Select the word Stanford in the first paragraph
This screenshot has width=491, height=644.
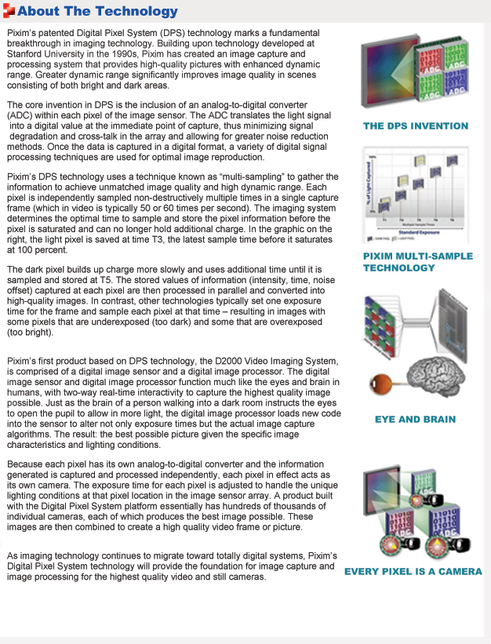point(31,55)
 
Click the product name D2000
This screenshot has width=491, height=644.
point(246,361)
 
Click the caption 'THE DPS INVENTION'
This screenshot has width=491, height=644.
point(416,126)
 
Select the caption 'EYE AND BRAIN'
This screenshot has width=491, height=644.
point(416,419)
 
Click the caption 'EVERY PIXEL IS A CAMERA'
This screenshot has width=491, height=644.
point(413,571)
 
